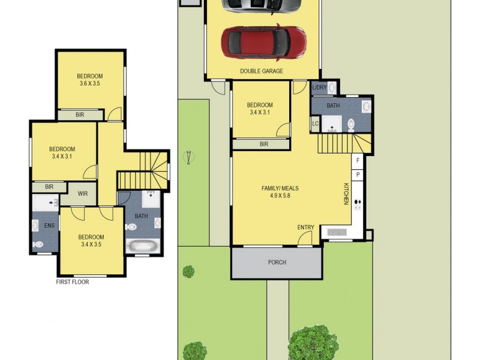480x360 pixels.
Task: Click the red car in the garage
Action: point(264,41)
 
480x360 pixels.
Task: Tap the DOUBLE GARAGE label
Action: point(262,71)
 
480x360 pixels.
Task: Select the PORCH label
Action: point(277,263)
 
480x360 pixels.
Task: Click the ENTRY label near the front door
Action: point(305,227)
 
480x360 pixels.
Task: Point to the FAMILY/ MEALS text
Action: point(280,188)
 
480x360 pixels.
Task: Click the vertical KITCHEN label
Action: point(346,194)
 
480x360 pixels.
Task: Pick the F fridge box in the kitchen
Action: point(358,161)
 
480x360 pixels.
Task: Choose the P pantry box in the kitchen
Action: point(358,175)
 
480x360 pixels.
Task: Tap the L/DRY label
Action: point(319,88)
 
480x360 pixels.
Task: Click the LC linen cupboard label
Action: point(315,124)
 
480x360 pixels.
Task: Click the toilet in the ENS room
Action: point(38,244)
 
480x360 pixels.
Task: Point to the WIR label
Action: point(82,194)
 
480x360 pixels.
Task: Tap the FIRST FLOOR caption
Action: point(73,281)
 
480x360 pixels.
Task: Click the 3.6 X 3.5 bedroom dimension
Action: point(89,84)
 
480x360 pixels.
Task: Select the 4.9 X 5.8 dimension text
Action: point(280,196)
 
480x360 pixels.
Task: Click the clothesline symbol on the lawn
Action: point(190,157)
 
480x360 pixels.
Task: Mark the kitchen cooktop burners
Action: point(358,205)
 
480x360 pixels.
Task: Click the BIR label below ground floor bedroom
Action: point(264,144)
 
